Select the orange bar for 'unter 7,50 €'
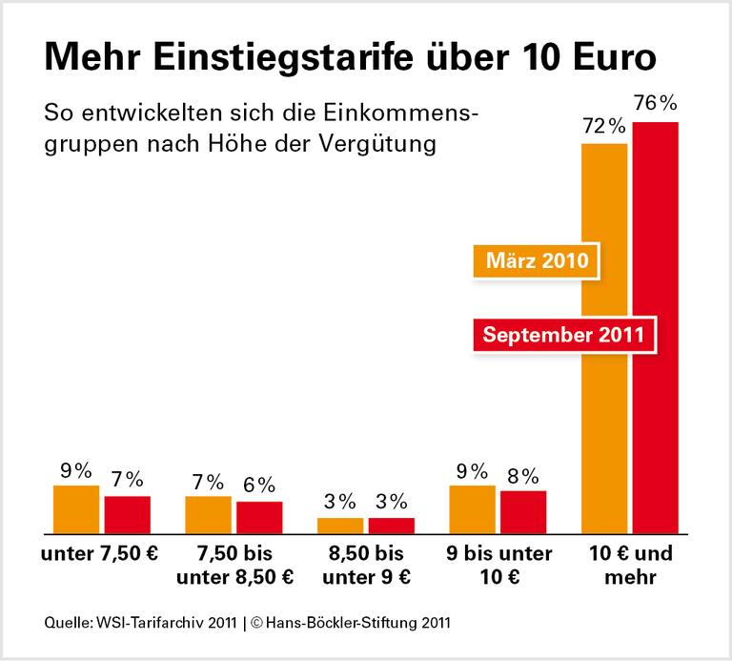coord(76,508)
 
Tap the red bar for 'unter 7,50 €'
coord(128,513)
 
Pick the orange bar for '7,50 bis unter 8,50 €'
coord(208,513)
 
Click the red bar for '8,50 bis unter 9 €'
coord(392,524)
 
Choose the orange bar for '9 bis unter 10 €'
coord(472,508)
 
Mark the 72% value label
coord(603,126)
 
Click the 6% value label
coord(259,484)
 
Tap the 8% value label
coord(523,474)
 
